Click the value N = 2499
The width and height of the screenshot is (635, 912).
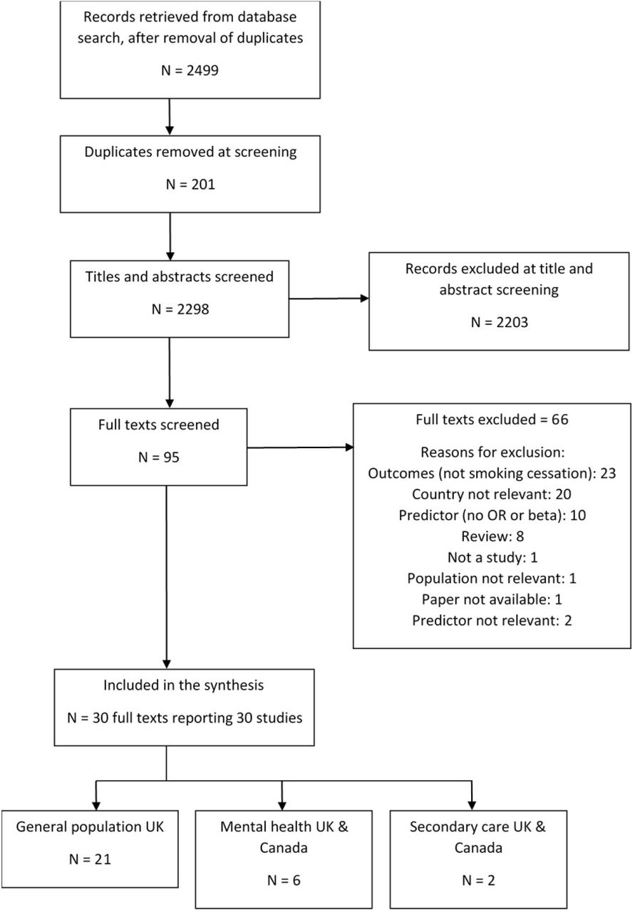pyautogui.click(x=190, y=71)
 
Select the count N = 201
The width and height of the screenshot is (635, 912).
pyautogui.click(x=190, y=185)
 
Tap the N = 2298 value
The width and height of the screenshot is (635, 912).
pyautogui.click(x=180, y=309)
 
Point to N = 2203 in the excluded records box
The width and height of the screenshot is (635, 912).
pyautogui.click(x=500, y=323)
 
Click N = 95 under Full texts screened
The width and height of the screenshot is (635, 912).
pyautogui.click(x=159, y=457)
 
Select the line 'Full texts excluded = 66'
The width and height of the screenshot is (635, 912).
pyautogui.click(x=492, y=420)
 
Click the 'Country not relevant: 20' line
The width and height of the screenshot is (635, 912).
pyautogui.click(x=492, y=494)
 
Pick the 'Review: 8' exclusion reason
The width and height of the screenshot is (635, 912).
pyautogui.click(x=492, y=537)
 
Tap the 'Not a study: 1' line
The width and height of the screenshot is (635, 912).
pyautogui.click(x=492, y=557)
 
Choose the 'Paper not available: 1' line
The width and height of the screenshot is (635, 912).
pyautogui.click(x=492, y=599)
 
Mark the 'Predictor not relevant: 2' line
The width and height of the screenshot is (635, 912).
pyautogui.click(x=492, y=621)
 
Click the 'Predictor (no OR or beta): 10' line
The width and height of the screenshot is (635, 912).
pyautogui.click(x=492, y=515)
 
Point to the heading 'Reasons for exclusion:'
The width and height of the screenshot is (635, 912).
pyautogui.click(x=492, y=452)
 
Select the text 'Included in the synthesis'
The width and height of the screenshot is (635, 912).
pyautogui.click(x=184, y=685)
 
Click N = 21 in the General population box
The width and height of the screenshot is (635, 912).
pyautogui.click(x=90, y=859)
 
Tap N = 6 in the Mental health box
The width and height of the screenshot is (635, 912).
pyautogui.click(x=284, y=880)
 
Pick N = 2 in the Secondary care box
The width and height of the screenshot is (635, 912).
pyautogui.click(x=479, y=880)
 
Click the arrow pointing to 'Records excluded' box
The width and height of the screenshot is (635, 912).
pyautogui.click(x=329, y=299)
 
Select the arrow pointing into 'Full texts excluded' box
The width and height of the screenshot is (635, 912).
pyautogui.click(x=300, y=447)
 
